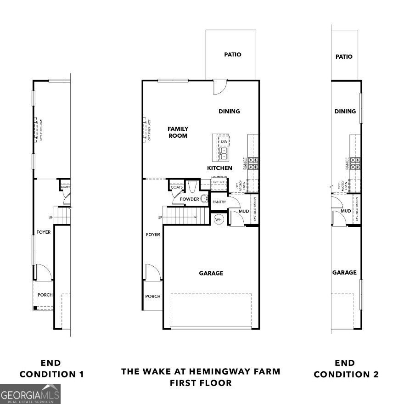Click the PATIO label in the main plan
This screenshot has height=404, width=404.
[233, 55]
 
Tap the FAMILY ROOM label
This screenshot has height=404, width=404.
[178, 132]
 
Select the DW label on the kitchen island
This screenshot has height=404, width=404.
[224, 142]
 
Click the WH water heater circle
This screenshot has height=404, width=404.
[219, 219]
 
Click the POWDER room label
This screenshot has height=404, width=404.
[189, 199]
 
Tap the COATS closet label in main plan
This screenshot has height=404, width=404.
[176, 187]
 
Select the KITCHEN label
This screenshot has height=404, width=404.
[219, 168]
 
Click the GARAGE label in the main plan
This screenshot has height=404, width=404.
[211, 273]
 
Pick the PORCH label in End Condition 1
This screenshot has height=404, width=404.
[44, 295]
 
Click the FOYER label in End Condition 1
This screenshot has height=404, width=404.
[44, 232]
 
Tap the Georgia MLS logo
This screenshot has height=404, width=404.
[30, 394]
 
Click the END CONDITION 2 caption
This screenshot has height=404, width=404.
[346, 369]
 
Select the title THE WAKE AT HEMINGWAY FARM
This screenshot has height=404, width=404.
[201, 371]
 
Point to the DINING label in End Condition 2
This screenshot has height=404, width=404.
[345, 111]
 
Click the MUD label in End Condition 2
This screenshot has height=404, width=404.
[346, 211]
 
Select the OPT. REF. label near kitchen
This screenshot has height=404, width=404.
[218, 183]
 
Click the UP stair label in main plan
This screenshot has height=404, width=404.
[160, 217]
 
